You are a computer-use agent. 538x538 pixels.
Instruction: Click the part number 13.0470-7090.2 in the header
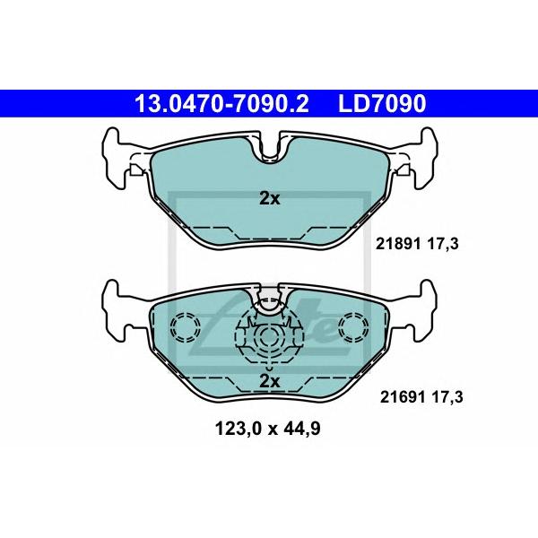[x=221, y=105]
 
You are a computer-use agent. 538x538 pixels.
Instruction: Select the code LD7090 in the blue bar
[x=381, y=105]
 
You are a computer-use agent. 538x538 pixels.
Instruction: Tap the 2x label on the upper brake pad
[x=270, y=199]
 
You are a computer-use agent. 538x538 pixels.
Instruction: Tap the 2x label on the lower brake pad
[x=270, y=381]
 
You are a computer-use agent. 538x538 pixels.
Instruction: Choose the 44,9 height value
[x=303, y=429]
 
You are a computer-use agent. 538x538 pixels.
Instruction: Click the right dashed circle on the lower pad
[x=352, y=328]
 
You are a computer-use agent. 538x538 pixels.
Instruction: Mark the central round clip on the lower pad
[x=270, y=338]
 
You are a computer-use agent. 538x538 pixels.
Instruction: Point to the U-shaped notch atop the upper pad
[x=270, y=149]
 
